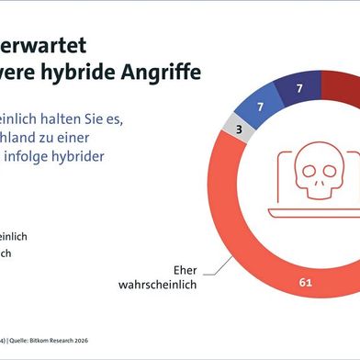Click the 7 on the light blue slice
260,107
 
